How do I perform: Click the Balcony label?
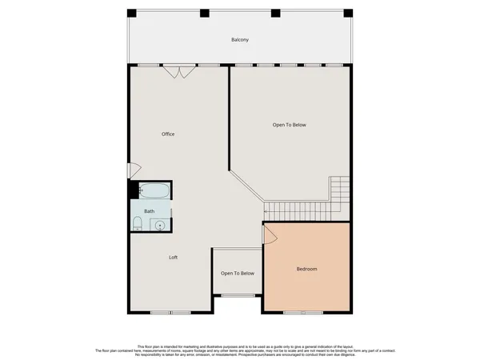(x=240, y=39)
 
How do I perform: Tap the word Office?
(x=168, y=134)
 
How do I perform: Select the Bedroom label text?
(x=306, y=269)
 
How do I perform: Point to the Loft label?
(x=173, y=257)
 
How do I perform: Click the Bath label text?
(x=149, y=211)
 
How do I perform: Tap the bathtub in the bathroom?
(x=154, y=191)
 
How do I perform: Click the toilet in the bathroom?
(x=138, y=223)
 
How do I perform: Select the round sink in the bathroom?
(x=160, y=225)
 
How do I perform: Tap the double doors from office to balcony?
(x=179, y=72)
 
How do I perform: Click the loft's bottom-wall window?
(x=170, y=312)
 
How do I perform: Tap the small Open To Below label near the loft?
(x=238, y=274)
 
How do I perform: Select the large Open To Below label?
(x=289, y=125)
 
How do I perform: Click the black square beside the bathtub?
(x=134, y=191)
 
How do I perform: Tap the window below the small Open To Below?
(x=238, y=295)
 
